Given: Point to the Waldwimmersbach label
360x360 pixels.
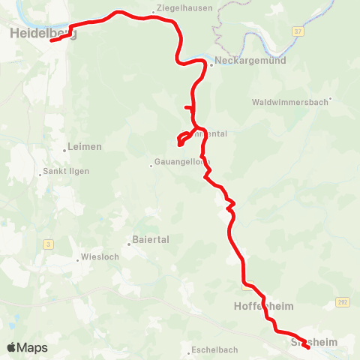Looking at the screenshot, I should click(290, 101).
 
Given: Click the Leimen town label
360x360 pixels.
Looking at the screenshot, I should click(85, 146).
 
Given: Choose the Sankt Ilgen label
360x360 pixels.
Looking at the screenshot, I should click(67, 171).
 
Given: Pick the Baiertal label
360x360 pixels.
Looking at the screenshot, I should click(151, 240).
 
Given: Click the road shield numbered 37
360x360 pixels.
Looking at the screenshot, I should click(298, 31).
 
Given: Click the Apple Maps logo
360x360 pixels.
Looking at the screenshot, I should click(27, 348).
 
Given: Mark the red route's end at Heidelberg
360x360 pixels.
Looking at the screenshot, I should click(52, 41).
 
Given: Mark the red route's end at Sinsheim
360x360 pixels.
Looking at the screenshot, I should click(308, 347).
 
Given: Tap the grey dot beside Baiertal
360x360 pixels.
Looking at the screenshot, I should click(128, 242).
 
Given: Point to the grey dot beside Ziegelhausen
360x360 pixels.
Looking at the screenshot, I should click(153, 11).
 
